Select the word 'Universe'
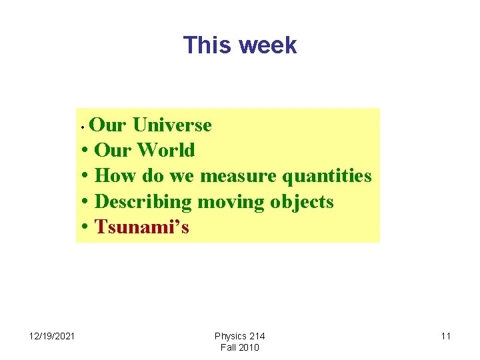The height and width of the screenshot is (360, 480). coord(172,125)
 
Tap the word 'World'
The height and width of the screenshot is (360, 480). coord(166,150)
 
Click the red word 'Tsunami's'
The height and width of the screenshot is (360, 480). coord(142,227)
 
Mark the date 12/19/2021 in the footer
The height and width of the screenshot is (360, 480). coord(52,336)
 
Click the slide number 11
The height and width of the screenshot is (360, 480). coord(445,336)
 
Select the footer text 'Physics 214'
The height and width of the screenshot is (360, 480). coord(239,336)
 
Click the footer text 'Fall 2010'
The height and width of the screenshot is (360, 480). coord(239,347)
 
